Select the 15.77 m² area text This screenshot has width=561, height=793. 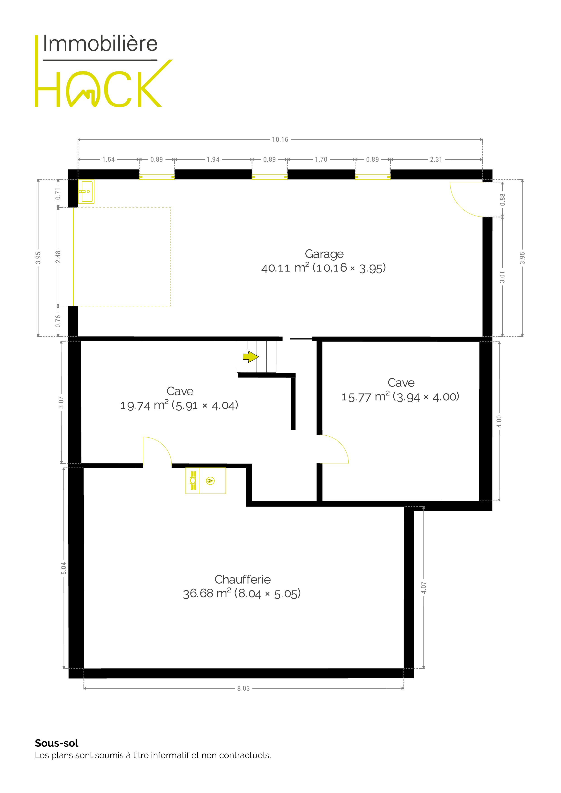click(x=365, y=397)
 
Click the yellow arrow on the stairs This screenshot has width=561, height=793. click(x=251, y=356)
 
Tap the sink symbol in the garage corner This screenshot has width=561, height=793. click(x=86, y=191)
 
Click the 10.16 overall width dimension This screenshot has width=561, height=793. click(x=280, y=139)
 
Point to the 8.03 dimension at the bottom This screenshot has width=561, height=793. click(x=243, y=688)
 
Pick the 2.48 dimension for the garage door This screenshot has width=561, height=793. click(x=58, y=257)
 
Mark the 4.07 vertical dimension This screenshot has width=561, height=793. click(x=424, y=588)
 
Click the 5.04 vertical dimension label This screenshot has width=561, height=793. click(x=64, y=569)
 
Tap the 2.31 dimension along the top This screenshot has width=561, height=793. click(x=436, y=159)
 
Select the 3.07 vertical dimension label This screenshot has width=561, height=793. click(x=61, y=402)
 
